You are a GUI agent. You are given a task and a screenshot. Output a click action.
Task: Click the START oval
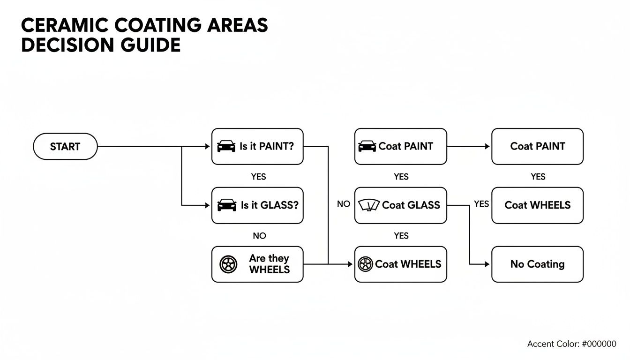click(x=65, y=146)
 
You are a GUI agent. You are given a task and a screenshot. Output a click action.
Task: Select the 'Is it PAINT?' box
click(x=257, y=146)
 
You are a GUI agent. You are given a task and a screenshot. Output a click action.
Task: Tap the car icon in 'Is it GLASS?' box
click(x=227, y=205)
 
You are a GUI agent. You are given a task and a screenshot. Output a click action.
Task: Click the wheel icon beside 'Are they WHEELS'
click(x=228, y=264)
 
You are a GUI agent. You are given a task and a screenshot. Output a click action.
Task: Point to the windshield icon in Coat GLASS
click(x=369, y=205)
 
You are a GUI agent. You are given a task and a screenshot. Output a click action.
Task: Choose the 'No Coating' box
click(x=537, y=264)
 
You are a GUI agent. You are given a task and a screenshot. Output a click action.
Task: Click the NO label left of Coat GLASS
click(x=344, y=204)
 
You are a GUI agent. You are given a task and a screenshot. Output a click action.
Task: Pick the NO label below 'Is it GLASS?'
click(x=259, y=236)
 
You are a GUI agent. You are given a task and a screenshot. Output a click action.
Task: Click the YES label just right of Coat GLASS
click(x=481, y=204)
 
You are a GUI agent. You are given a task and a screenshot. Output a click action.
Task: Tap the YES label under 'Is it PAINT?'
click(x=258, y=177)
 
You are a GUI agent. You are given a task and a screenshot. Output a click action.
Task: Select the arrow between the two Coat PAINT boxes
click(x=469, y=146)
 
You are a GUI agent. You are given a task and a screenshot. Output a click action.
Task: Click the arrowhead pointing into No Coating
click(x=487, y=264)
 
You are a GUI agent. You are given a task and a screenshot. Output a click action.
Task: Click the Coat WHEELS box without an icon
click(x=537, y=205)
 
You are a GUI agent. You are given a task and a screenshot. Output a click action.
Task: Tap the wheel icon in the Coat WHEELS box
click(x=365, y=264)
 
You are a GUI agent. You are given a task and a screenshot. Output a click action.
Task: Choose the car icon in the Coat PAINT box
click(x=367, y=146)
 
